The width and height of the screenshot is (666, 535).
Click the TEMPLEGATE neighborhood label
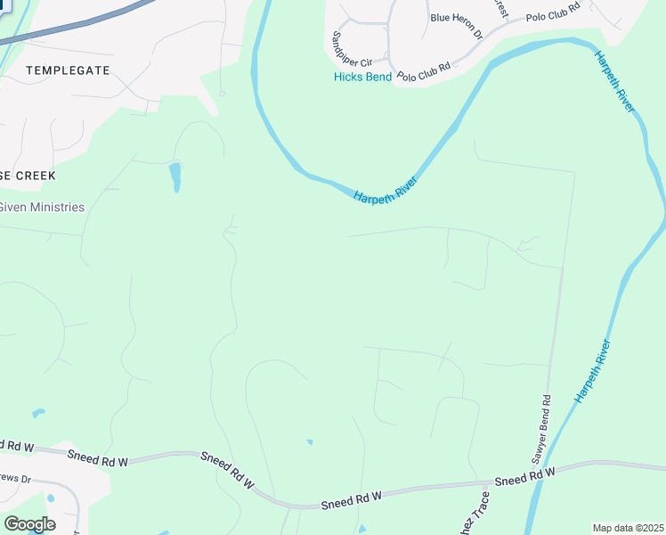69,70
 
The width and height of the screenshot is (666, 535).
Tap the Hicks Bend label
362,77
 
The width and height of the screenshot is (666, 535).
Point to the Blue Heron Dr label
456,27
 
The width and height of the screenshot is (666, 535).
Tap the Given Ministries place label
42,208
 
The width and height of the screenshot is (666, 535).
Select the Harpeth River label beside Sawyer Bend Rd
593,371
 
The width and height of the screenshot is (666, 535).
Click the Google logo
29,523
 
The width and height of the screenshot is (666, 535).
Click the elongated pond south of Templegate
175,176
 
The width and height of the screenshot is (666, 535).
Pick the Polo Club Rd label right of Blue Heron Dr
553,12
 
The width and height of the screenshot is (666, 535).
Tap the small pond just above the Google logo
49,498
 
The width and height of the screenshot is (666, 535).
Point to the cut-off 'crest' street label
500,8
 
